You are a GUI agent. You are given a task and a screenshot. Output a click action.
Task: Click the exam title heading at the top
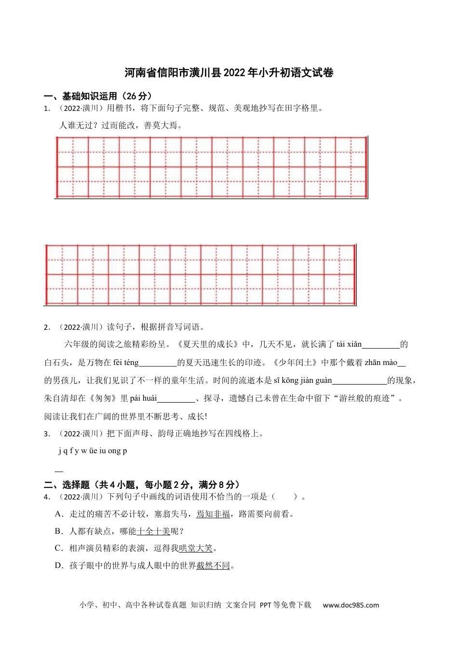pos(229,73)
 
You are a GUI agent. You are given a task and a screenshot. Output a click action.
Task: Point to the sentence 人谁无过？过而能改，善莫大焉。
pos(121,125)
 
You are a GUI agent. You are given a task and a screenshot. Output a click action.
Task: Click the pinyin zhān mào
pos(381,363)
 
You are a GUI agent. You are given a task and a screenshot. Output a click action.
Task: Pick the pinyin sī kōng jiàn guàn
pos(303,380)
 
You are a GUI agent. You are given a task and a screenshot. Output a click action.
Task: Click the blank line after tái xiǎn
pos(381,345)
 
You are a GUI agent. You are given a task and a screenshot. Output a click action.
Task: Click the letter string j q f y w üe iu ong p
pos(93,451)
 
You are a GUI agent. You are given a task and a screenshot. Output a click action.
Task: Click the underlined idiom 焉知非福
pos(213,514)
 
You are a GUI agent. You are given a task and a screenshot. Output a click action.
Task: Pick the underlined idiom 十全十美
pos(153,531)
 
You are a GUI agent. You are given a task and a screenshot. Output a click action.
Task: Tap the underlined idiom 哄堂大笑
pos(196,548)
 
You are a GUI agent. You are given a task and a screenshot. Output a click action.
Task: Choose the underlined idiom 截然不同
pos(213,566)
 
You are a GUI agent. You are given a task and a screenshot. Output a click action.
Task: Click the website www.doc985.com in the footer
pos(350,605)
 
